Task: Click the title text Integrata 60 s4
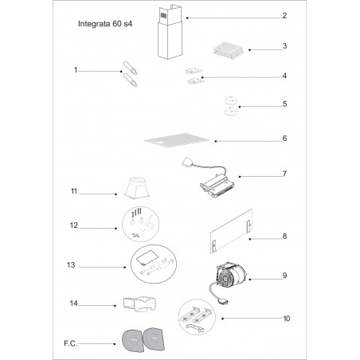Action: (x=105, y=24)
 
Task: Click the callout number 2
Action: (x=284, y=16)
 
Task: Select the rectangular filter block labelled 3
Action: (x=229, y=50)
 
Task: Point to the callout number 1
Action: (x=76, y=70)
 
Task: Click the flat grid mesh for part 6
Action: (x=177, y=140)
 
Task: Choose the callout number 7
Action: (x=284, y=174)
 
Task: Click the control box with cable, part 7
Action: (x=209, y=179)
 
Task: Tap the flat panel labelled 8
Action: (x=231, y=232)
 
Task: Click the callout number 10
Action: (x=287, y=319)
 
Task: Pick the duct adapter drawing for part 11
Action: (x=137, y=188)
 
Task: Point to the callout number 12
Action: (x=74, y=225)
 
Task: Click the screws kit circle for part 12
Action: (x=140, y=224)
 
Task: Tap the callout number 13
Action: (x=71, y=265)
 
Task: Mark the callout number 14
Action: (x=74, y=303)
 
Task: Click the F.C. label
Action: (x=70, y=343)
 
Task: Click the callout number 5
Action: (x=284, y=104)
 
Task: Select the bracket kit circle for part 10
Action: (x=197, y=317)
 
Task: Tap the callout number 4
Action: (x=284, y=76)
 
